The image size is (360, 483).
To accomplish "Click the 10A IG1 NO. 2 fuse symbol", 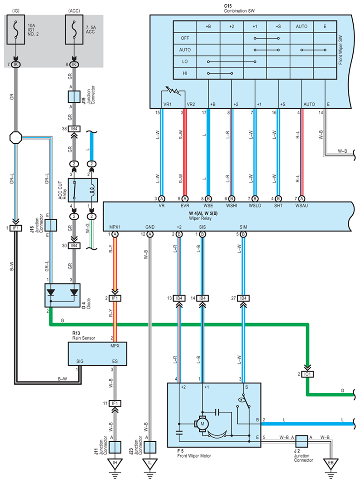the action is pyautogui.click(x=16, y=29).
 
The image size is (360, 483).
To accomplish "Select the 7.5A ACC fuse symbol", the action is pyautogui.click(x=74, y=29).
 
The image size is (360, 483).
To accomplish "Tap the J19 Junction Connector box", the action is pyautogui.click(x=74, y=97).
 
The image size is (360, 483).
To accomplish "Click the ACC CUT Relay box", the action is pyautogui.click(x=83, y=190).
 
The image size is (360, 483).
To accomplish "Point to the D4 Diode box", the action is pyautogui.click(x=62, y=295).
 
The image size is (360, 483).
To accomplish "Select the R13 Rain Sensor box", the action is pyautogui.click(x=97, y=353).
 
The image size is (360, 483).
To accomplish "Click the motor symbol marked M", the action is pyautogui.click(x=202, y=424).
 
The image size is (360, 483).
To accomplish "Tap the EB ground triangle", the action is pyautogui.click(x=331, y=463).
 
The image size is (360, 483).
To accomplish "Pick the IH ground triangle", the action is pyautogui.click(x=115, y=463).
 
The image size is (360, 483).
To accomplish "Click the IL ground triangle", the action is pyautogui.click(x=150, y=463).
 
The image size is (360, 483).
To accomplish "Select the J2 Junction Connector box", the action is pyautogui.click(x=302, y=441).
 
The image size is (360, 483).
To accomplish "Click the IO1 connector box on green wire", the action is pyautogui.click(x=307, y=374).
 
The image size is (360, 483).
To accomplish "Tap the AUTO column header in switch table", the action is pyautogui.click(x=302, y=26).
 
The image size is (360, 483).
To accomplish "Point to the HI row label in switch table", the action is pyautogui.click(x=185, y=73).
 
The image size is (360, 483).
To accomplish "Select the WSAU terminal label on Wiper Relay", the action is pyautogui.click(x=302, y=205).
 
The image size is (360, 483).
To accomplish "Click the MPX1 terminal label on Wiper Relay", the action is pyautogui.click(x=115, y=227).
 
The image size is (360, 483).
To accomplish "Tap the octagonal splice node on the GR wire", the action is pyautogui.click(x=16, y=137).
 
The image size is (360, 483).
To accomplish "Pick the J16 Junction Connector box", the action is pyautogui.click(x=51, y=225).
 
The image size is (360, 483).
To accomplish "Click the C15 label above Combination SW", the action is pyautogui.click(x=228, y=6).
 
